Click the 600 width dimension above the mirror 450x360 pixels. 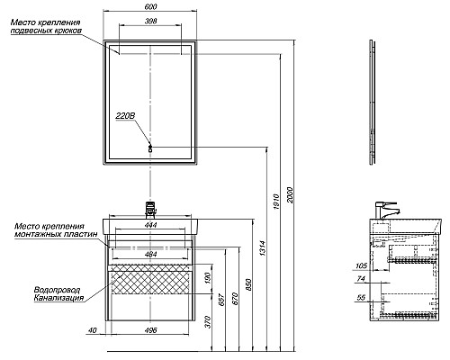[150, 6]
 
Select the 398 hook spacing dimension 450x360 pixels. [150, 21]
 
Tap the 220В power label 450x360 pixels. [125, 116]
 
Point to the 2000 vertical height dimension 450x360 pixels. [290, 195]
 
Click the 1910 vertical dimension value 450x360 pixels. [276, 202]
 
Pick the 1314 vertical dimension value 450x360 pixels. [263, 247]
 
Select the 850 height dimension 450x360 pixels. [248, 284]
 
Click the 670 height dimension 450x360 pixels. [235, 299]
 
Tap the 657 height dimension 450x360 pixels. [221, 300]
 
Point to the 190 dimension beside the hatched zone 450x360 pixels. [209, 278]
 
